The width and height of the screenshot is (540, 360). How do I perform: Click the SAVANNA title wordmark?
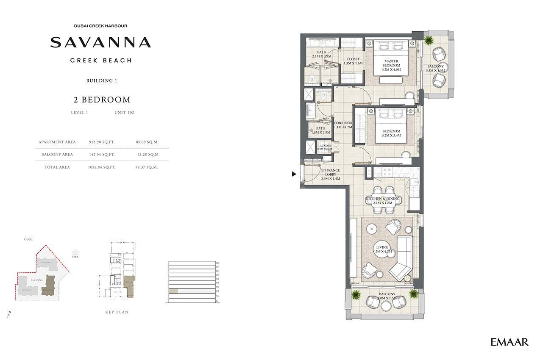pyautogui.click(x=100, y=42)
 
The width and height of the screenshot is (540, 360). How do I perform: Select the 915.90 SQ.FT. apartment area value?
pyautogui.click(x=102, y=142)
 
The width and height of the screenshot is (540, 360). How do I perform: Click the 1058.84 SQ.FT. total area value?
pyautogui.click(x=102, y=167)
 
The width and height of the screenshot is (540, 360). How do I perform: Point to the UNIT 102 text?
pyautogui.click(x=124, y=113)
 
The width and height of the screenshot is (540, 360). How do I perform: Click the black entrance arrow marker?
pyautogui.click(x=293, y=174)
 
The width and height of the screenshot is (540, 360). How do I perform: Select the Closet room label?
pyautogui.click(x=353, y=61)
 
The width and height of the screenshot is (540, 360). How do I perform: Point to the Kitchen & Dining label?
pyautogui.click(x=383, y=201)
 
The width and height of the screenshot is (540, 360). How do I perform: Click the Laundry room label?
pyautogui.click(x=325, y=147)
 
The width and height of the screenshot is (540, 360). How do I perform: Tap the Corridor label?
pyautogui.click(x=343, y=125)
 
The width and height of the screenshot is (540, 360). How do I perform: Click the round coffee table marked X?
pyautogui.click(x=372, y=229)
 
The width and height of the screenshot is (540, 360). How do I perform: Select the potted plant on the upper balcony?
pyautogui.click(x=429, y=40)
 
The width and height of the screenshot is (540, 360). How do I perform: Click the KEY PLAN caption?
pyautogui.click(x=117, y=312)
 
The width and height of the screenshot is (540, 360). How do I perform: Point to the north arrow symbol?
pyautogui.click(x=8, y=314)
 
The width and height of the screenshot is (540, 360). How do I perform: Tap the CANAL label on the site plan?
pyautogui.click(x=29, y=239)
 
